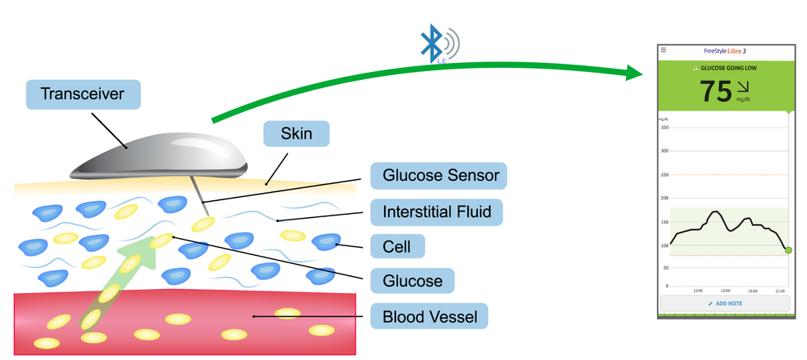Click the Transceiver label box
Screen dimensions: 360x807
[83, 94]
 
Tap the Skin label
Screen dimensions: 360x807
[296, 134]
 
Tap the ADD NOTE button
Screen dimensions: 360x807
[725, 303]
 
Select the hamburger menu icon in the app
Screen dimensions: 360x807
[663, 50]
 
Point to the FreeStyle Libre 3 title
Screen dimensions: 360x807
[725, 50]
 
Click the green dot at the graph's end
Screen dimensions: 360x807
[788, 250]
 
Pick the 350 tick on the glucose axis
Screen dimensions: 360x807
[664, 128]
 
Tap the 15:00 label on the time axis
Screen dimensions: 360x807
[725, 291]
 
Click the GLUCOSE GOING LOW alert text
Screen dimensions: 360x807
[725, 69]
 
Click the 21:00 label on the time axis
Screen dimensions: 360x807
[780, 291]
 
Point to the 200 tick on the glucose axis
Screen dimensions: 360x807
[664, 198]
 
